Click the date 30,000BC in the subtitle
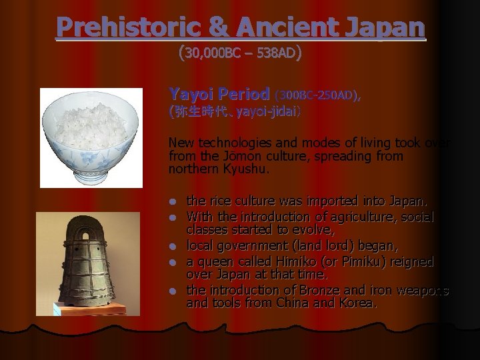213,53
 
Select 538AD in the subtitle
276,53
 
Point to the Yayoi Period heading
219,95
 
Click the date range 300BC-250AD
316,95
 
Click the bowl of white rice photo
90,137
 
